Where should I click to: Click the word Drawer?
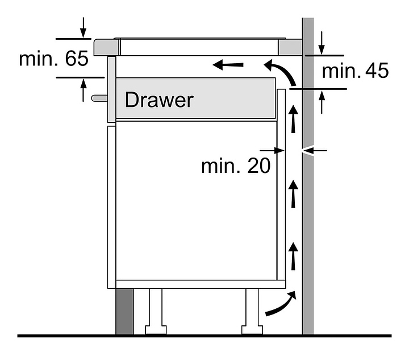[159, 100]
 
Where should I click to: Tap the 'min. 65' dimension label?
[53, 59]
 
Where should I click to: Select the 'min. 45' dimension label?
[356, 71]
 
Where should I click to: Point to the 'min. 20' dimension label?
[236, 166]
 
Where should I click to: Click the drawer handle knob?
[98, 98]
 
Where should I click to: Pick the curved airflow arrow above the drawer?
[280, 72]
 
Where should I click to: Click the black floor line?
[204, 336]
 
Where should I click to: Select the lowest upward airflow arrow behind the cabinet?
[294, 255]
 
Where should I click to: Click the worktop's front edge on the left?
[103, 45]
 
